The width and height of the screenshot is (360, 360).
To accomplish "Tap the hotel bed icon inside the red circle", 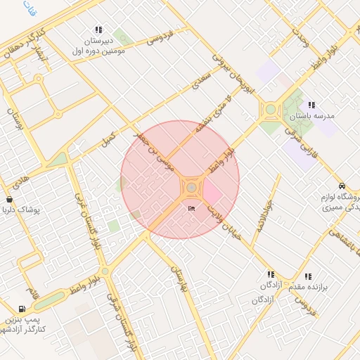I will (191, 208).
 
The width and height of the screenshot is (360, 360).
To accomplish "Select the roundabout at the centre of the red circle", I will (191, 188).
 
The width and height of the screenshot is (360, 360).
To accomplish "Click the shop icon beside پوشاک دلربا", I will (9, 200).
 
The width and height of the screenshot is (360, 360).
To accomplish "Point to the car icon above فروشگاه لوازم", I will (341, 186).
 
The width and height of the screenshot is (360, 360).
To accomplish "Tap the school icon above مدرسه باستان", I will (311, 105).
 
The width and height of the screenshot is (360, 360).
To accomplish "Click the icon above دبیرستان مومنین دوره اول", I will (98, 30).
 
